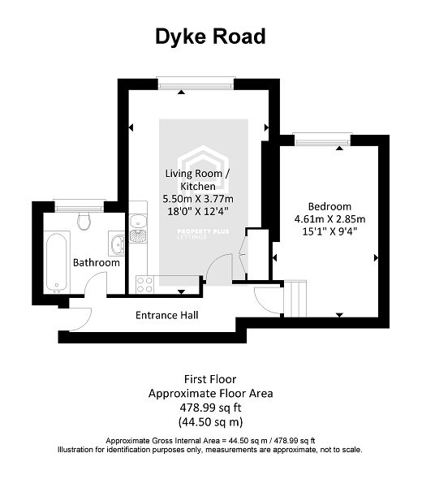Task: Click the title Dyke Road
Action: tap(209, 37)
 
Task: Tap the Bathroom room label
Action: tap(97, 262)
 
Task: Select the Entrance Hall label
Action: tap(167, 315)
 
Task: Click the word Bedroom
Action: tap(329, 206)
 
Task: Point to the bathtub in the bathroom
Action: tap(57, 262)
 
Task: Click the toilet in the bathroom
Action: tap(82, 220)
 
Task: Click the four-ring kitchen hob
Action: tap(145, 283)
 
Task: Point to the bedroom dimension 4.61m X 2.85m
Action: tap(329, 218)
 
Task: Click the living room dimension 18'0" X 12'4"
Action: tap(198, 211)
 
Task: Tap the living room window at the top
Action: tap(181, 81)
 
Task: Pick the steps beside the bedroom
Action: tap(298, 299)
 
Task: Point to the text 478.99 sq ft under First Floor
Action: tap(210, 408)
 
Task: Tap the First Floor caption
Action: tap(210, 378)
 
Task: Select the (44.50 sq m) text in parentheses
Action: tap(210, 422)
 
